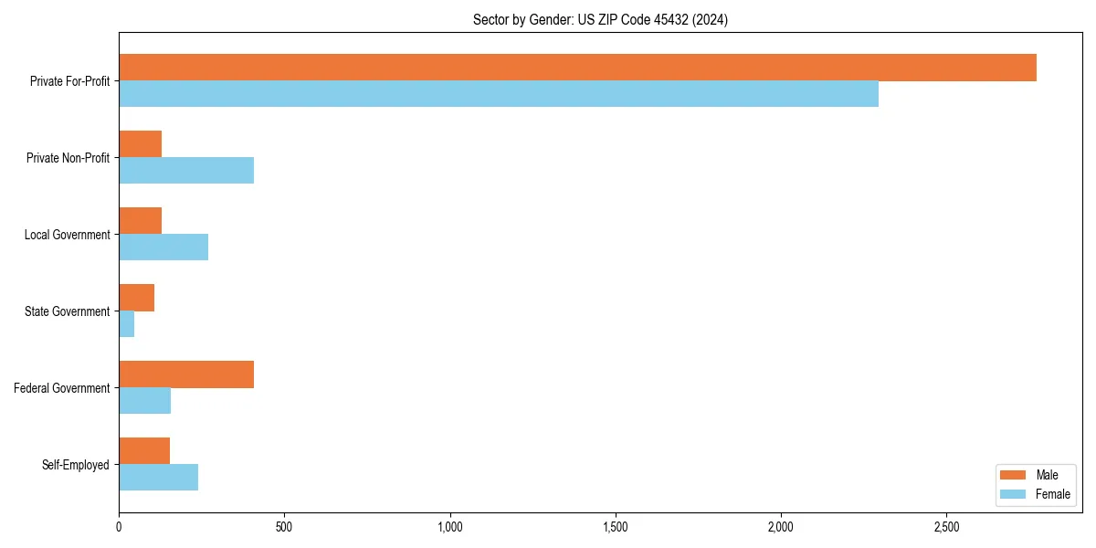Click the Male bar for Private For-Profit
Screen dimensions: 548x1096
tap(577, 68)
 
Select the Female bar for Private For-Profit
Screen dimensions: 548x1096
tap(499, 94)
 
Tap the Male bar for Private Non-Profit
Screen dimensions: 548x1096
tap(140, 144)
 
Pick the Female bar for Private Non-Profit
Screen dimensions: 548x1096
tap(186, 171)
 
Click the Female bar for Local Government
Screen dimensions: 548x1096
tap(163, 248)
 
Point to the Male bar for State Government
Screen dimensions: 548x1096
tap(136, 298)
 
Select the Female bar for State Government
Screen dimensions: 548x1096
tap(127, 324)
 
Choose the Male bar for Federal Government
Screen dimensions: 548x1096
tap(186, 374)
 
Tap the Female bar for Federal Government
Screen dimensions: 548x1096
tap(144, 401)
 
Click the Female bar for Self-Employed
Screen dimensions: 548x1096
tap(158, 478)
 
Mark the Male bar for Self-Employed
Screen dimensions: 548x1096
tap(144, 451)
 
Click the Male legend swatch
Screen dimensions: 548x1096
tap(1014, 475)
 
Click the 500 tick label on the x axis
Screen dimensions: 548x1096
tap(284, 527)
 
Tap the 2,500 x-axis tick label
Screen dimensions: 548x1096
tap(946, 527)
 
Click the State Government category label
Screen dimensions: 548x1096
tap(67, 311)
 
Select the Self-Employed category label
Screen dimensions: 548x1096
tap(75, 465)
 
